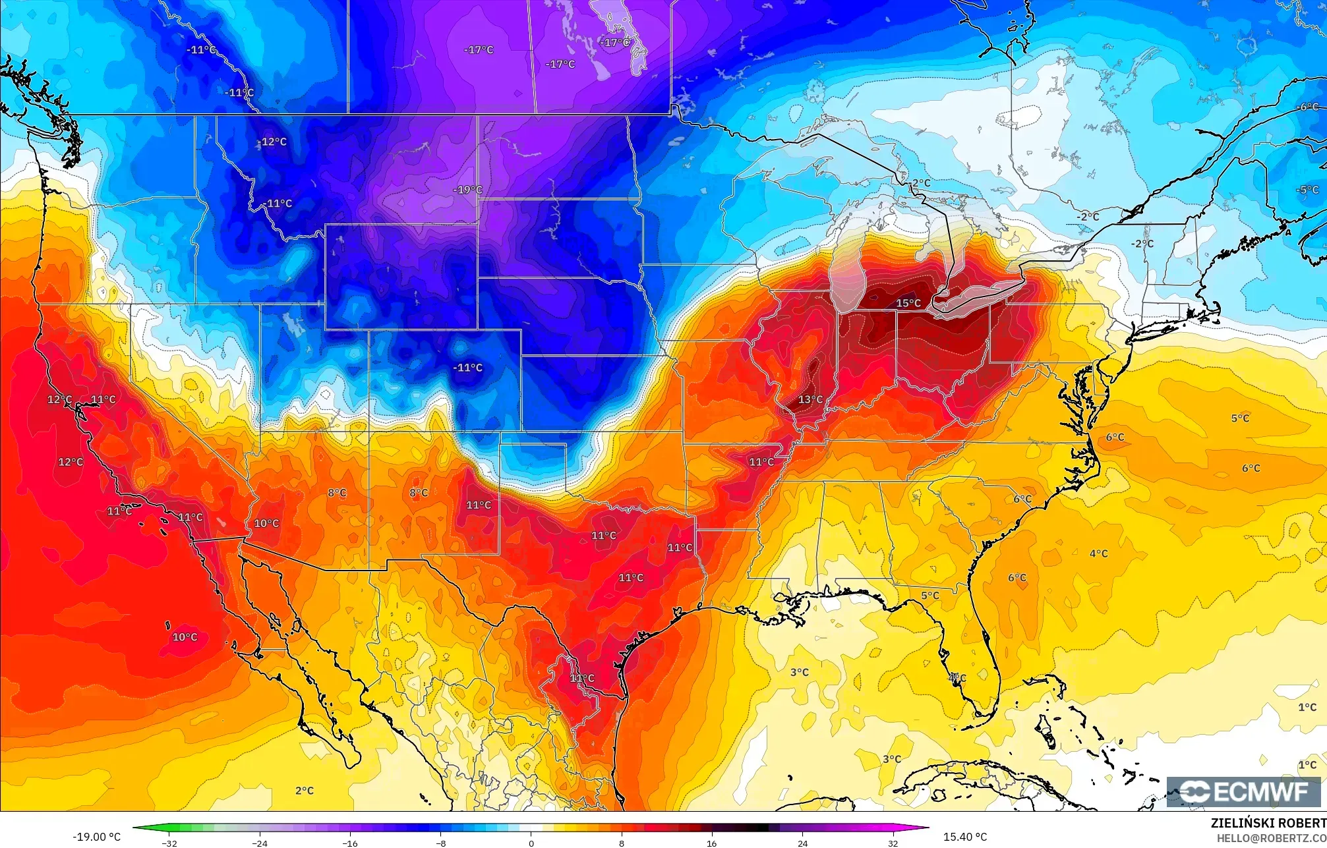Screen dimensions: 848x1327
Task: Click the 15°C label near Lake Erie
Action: click(x=908, y=303)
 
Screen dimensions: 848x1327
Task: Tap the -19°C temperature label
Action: click(x=467, y=190)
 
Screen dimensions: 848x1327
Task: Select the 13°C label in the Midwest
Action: click(x=810, y=399)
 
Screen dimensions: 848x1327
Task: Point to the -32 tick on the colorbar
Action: click(x=170, y=843)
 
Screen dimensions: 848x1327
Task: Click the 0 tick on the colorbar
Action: click(x=531, y=843)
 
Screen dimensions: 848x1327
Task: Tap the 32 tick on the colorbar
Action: click(x=893, y=843)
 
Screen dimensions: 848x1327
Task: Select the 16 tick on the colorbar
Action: click(x=712, y=843)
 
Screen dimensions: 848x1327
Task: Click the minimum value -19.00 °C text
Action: click(x=96, y=837)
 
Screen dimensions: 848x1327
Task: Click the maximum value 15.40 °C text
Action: click(x=965, y=837)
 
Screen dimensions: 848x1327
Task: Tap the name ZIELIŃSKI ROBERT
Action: click(x=1268, y=823)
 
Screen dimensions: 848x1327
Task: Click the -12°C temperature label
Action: click(x=272, y=142)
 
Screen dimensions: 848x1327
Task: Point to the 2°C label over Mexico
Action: click(x=305, y=790)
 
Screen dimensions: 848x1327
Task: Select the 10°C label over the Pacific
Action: click(x=185, y=637)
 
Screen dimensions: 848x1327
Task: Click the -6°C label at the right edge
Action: click(x=1308, y=107)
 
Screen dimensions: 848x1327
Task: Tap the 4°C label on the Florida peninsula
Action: click(x=957, y=677)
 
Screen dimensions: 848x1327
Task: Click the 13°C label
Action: click(x=810, y=399)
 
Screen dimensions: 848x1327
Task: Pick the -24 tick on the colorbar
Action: click(x=260, y=843)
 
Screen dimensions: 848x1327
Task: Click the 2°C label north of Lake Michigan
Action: click(x=921, y=183)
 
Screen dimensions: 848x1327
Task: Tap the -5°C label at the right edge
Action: click(x=1308, y=190)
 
